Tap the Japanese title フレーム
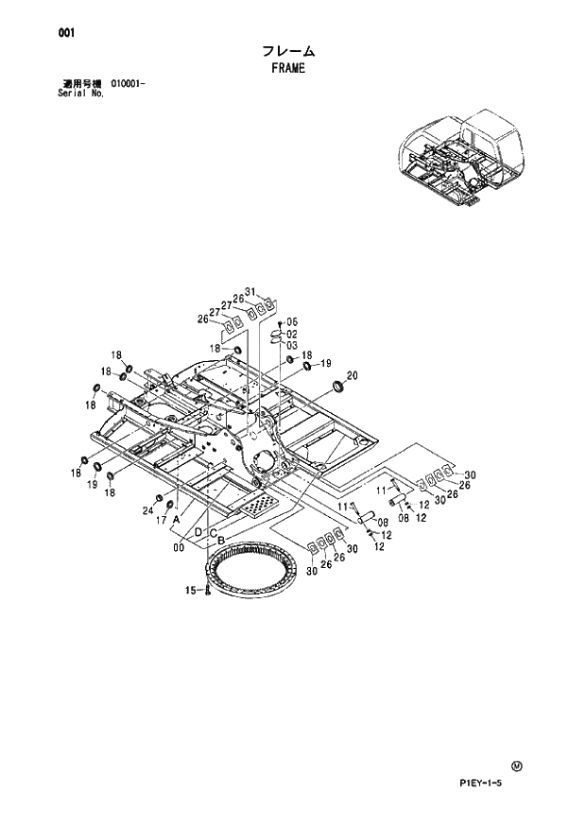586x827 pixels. [288, 51]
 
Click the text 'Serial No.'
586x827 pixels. [80, 95]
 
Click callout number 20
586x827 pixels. [353, 375]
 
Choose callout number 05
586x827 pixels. [292, 322]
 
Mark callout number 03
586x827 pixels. [292, 345]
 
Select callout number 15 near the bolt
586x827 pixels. [190, 591]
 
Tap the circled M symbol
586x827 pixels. [515, 766]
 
